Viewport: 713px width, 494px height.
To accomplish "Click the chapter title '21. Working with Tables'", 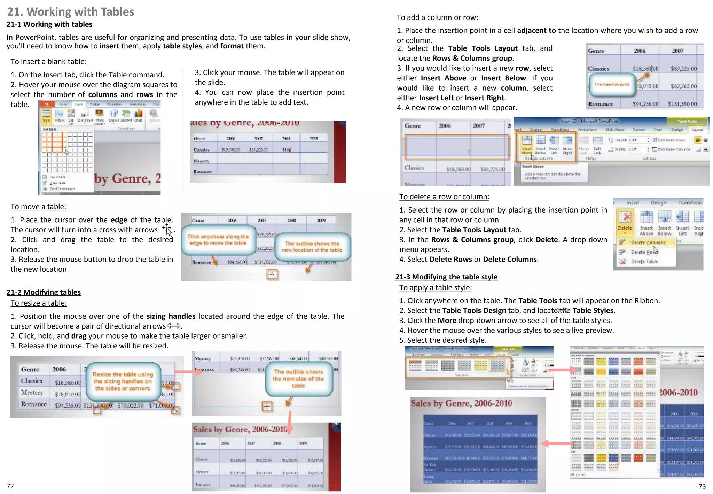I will pos(70,11).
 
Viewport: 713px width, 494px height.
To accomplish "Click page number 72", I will pos(10,486).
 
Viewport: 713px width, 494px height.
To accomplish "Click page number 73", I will pos(702,486).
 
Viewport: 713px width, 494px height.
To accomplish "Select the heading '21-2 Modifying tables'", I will pos(44,292).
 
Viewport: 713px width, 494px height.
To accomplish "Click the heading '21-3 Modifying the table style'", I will pos(446,277).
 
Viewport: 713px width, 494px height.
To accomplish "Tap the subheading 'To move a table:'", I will pos(38,207).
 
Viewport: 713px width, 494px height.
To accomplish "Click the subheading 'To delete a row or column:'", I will pos(444,196).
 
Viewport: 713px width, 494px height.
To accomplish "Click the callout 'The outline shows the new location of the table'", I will pos(312,247).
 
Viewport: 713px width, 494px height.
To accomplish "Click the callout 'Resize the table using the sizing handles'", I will pos(123,381).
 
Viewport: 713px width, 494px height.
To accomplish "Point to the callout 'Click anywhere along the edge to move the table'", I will pos(218,240).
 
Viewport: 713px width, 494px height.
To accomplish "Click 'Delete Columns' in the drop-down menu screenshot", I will pos(648,242).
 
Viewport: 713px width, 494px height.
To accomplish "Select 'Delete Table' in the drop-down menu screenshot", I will pos(644,261).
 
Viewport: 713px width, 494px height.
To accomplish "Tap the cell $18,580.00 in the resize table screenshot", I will pos(68,383).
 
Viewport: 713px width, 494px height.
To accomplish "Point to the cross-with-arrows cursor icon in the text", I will pos(167,229).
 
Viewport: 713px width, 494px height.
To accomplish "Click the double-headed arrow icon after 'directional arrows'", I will pos(174,326).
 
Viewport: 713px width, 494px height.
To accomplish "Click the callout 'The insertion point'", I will pos(611,84).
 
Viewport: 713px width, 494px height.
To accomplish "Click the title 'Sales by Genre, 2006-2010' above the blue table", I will pos(461,403).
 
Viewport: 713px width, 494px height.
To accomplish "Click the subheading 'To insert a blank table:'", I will pos(48,61).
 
